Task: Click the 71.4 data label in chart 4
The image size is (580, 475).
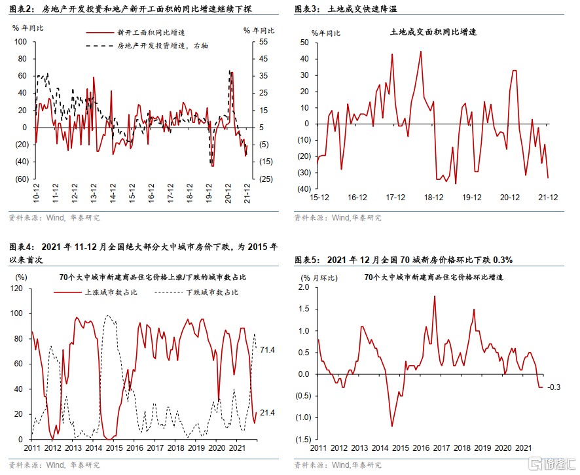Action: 268,351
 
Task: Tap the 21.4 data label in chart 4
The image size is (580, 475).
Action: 268,413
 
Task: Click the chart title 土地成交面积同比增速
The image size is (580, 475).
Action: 433,31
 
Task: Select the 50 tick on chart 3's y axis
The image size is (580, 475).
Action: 304,42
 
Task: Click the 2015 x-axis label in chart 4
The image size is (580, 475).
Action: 114,448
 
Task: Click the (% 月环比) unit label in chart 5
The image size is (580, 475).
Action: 319,277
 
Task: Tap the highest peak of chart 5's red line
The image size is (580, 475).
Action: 435,296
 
